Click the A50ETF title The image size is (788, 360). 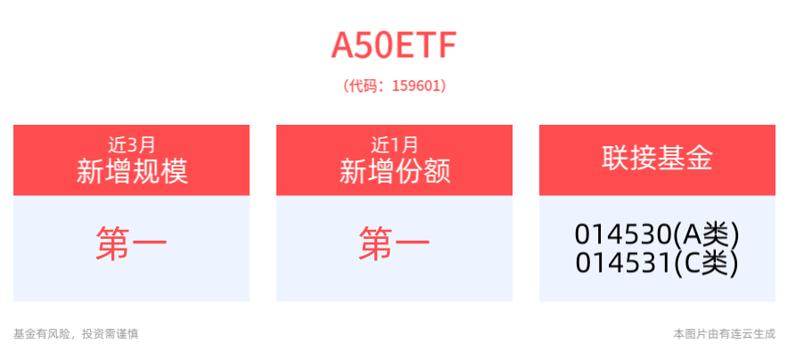[x=394, y=45]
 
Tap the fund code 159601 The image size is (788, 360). [x=415, y=86]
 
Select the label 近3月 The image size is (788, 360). [x=131, y=143]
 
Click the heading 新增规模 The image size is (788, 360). [x=131, y=170]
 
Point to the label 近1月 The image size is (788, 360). [x=394, y=143]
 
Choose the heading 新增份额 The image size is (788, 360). [x=394, y=170]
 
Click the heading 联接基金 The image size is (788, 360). [x=657, y=160]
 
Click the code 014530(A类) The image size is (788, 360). [x=657, y=235]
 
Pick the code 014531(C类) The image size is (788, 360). [x=657, y=264]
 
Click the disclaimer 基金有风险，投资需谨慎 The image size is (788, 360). [x=76, y=334]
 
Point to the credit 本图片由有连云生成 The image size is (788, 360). [x=724, y=334]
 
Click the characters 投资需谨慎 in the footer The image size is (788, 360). [x=110, y=334]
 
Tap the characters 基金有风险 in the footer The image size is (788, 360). [x=41, y=334]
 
